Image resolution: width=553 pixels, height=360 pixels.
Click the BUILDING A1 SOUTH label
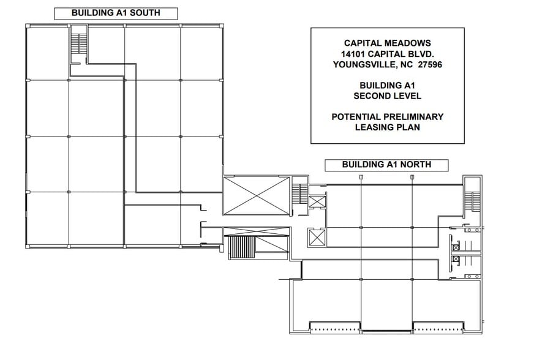click(116, 13)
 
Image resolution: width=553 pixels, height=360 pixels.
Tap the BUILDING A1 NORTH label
click(386, 165)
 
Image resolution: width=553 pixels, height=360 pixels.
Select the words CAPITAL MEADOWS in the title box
click(387, 43)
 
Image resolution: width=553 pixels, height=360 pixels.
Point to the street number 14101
click(353, 54)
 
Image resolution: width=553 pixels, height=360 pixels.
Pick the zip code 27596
click(430, 64)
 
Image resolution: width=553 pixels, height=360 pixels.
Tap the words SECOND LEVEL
click(387, 96)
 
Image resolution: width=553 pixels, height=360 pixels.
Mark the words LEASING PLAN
click(387, 127)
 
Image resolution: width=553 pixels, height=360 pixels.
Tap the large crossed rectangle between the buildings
click(257, 196)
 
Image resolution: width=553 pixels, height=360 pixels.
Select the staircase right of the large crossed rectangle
click(300, 193)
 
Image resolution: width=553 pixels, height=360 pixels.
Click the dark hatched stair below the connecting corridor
click(241, 247)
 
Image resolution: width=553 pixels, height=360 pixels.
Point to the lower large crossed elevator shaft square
click(317, 238)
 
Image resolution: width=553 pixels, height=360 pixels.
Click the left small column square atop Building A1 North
click(361, 177)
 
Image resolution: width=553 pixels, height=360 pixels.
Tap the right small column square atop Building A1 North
click(412, 177)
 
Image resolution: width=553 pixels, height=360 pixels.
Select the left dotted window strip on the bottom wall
click(335, 330)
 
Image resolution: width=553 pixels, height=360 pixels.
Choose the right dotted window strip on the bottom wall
click(438, 330)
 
